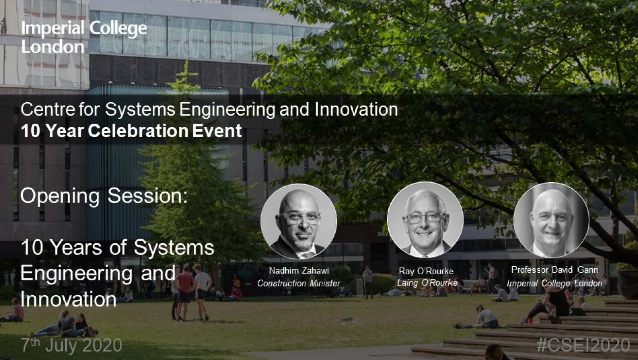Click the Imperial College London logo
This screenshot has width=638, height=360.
(84, 37)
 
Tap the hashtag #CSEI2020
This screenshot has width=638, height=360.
(583, 345)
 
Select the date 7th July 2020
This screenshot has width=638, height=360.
(72, 345)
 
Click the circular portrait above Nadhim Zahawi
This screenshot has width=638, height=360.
(299, 221)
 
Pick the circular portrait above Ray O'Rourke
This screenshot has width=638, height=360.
(425, 220)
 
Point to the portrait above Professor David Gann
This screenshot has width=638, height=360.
(551, 220)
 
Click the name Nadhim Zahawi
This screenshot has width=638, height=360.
(299, 270)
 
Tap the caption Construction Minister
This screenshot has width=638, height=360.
(299, 283)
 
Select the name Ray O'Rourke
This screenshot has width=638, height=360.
(426, 271)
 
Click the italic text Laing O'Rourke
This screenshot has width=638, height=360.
(427, 283)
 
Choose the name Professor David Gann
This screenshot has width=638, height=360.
(555, 270)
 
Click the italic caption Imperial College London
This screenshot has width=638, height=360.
(555, 283)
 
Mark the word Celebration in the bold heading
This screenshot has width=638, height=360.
(138, 131)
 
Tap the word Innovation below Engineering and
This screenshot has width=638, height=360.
(68, 299)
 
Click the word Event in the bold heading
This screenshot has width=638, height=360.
(217, 131)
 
